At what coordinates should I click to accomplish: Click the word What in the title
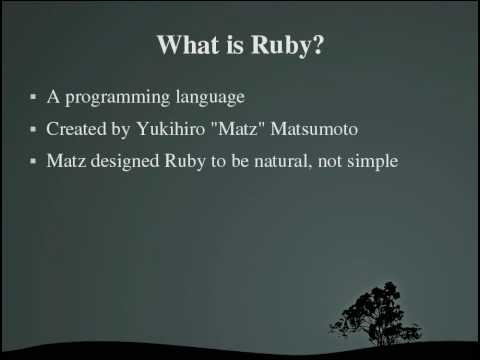tap(190, 46)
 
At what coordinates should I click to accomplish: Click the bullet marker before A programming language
tap(33, 98)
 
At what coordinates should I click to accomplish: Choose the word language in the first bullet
tap(207, 99)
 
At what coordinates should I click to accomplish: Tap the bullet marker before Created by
tap(33, 130)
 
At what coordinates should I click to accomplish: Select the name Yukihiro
tap(165, 130)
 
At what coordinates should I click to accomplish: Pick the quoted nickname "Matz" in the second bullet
tap(231, 130)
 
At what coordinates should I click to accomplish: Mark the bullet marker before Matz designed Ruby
tap(33, 161)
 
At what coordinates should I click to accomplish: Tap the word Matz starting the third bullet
tap(65, 161)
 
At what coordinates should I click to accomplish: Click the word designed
tap(122, 161)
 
